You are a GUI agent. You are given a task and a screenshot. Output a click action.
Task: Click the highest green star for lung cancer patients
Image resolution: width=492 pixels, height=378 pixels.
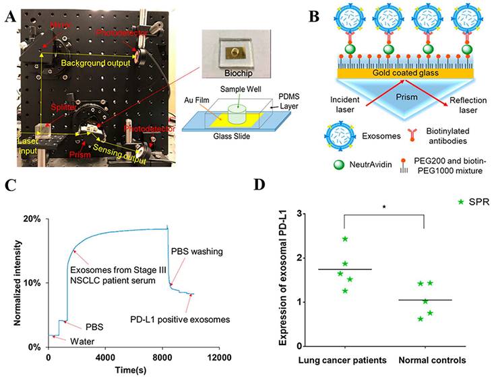point(344,239)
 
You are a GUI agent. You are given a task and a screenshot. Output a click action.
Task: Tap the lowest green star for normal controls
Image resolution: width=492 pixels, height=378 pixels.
point(421,318)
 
